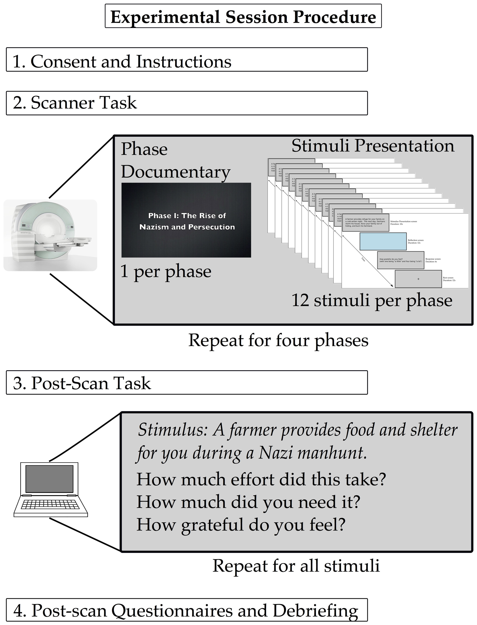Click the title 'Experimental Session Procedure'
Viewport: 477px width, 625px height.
[x=243, y=17]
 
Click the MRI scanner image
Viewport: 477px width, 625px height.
[x=50, y=235]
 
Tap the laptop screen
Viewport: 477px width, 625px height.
[x=49, y=479]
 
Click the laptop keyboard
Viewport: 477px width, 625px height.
[x=50, y=504]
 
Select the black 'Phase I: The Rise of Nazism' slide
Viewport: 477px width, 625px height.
[x=186, y=220]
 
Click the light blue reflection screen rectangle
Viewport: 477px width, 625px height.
[x=383, y=241]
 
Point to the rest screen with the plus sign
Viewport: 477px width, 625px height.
[x=418, y=279]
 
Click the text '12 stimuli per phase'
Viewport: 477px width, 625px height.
[x=372, y=300]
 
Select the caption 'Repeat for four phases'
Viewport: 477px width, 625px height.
[x=278, y=340]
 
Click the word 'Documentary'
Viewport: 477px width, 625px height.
[x=175, y=172]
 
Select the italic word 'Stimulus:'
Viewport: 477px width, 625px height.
[x=171, y=430]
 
